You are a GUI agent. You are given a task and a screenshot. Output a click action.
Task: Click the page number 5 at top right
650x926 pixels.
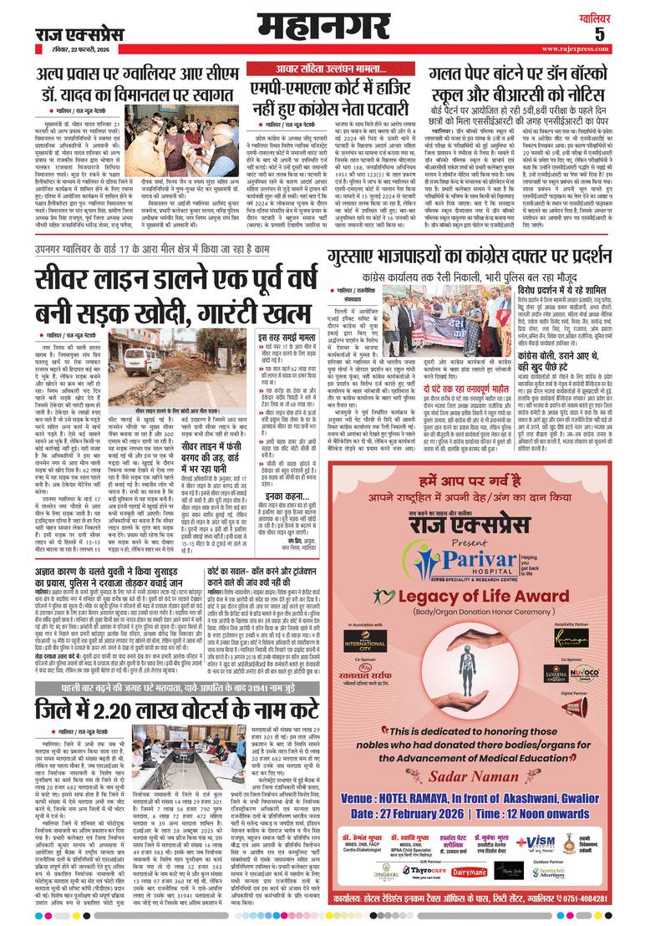pyautogui.click(x=622, y=34)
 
